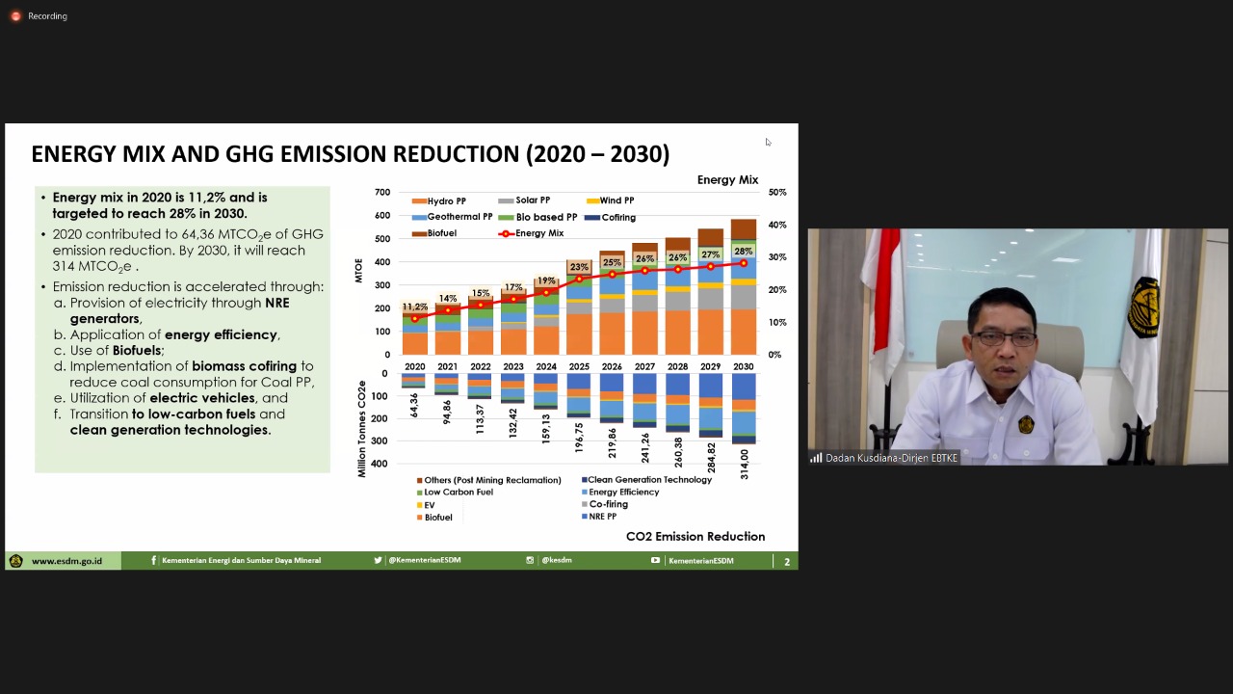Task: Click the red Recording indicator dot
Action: tap(15, 16)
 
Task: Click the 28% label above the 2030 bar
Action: tap(743, 252)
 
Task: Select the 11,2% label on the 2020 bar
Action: tap(415, 307)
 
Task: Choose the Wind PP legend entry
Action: tap(616, 200)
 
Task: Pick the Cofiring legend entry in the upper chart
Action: tap(617, 218)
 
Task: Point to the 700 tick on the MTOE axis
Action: tap(382, 193)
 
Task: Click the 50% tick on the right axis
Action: tap(776, 193)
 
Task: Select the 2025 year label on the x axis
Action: tap(579, 367)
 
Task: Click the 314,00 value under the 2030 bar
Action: tap(744, 464)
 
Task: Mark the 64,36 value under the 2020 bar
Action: tap(415, 405)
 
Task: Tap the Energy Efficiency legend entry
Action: tap(623, 493)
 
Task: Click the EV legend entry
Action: tap(429, 505)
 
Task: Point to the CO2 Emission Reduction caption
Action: tap(695, 537)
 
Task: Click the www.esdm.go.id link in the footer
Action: tap(66, 561)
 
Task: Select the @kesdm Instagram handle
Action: tap(556, 561)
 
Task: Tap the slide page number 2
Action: tap(787, 562)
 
